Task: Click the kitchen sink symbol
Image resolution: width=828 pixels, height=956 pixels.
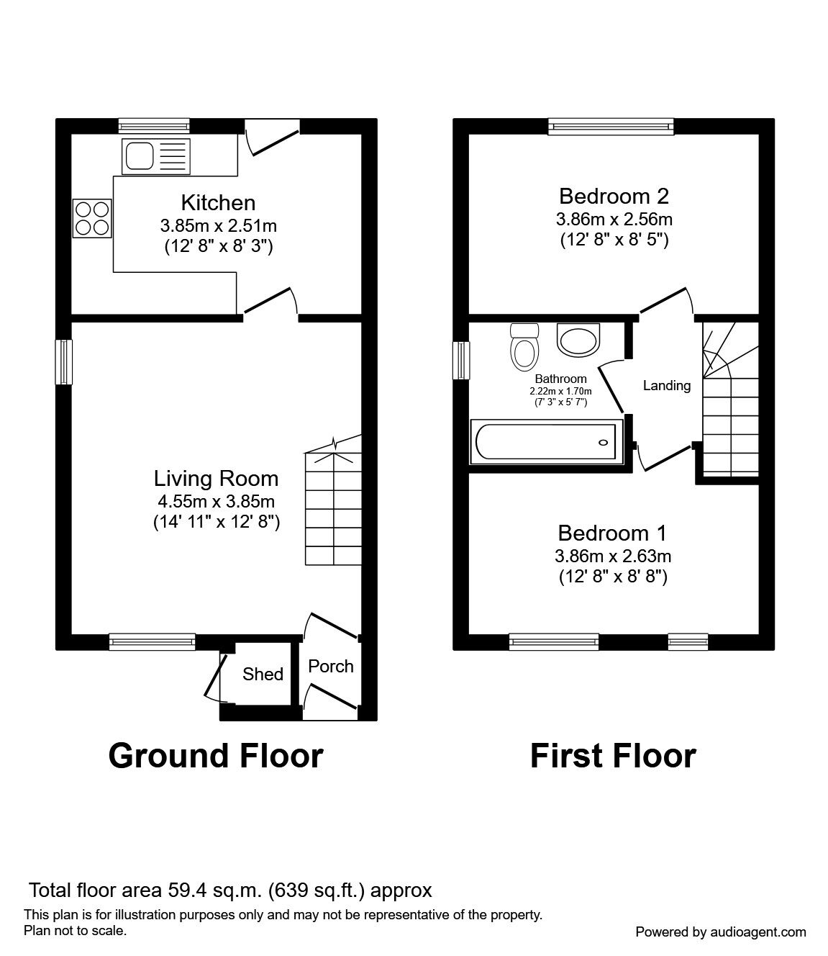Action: pos(158,156)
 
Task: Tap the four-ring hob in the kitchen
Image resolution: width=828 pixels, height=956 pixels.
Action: pos(91,218)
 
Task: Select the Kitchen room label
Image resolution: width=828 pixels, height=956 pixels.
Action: pos(218,202)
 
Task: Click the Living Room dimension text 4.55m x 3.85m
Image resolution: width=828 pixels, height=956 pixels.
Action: pos(216,502)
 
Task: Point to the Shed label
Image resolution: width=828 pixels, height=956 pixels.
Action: pos(263,675)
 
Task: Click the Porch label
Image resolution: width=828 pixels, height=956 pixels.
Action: pos(331,667)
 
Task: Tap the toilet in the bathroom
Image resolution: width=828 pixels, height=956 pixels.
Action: pos(524,348)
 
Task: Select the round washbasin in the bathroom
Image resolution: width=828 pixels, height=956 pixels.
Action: pos(578,340)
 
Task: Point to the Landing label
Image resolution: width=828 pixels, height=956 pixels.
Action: pos(666,386)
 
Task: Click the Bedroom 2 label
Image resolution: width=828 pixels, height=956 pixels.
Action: pos(614,196)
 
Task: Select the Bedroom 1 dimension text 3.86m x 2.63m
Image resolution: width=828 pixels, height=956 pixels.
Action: pos(613,556)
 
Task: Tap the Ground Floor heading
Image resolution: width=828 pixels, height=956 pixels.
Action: pos(216,756)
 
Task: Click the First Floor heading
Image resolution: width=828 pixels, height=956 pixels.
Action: pos(613,756)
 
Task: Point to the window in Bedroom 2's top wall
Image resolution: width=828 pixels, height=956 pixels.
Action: pos(611,127)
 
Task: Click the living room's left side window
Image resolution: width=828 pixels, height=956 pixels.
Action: pos(65,361)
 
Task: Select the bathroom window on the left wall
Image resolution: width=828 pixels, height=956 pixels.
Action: pos(461,360)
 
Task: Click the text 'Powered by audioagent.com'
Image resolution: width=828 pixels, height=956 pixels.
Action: pos(721,932)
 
